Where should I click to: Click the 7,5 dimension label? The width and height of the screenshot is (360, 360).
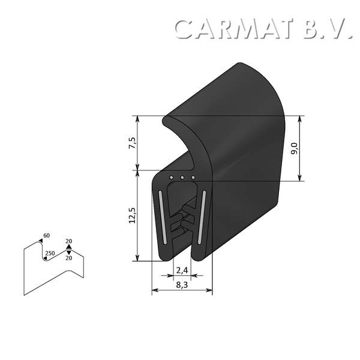click(133, 145)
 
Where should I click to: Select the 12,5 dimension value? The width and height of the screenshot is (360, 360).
click(133, 215)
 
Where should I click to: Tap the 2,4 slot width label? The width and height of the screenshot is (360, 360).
click(182, 269)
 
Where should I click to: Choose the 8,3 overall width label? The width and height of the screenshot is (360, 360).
click(182, 285)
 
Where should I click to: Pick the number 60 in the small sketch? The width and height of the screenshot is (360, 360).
click(47, 235)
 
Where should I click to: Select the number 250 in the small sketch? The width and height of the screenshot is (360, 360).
click(50, 254)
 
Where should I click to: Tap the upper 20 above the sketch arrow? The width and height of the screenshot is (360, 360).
click(68, 240)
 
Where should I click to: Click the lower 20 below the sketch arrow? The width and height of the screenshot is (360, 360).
click(68, 258)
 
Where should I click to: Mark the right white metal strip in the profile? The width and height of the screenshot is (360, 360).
click(203, 217)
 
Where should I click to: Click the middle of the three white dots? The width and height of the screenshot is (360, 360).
click(182, 178)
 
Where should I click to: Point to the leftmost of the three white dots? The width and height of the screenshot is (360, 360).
click(172, 178)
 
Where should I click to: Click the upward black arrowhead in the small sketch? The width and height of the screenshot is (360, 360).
click(68, 246)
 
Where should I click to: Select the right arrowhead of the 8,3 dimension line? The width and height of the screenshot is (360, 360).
click(210, 290)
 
